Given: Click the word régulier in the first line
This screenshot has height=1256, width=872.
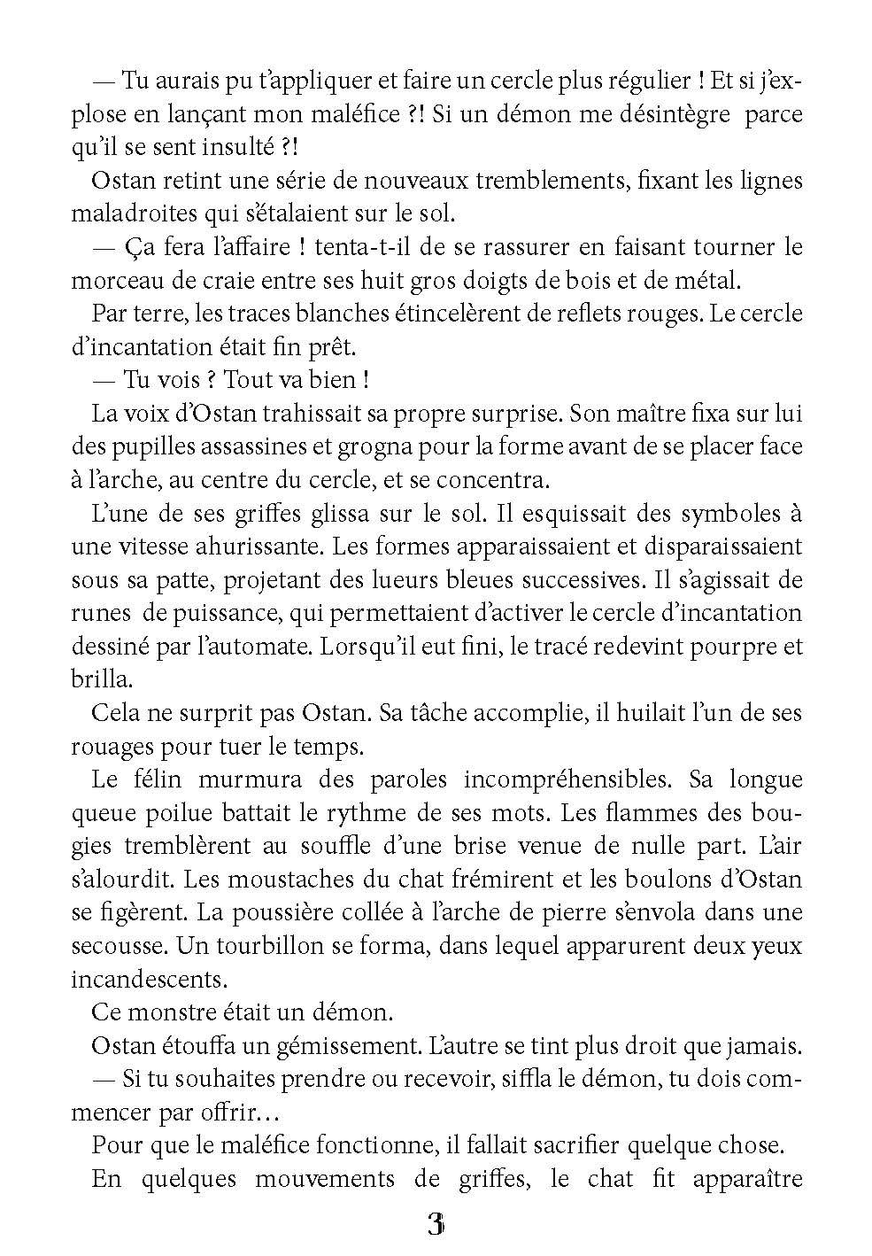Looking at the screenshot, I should (x=635, y=81).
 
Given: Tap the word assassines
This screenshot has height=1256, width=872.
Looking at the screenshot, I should (x=243, y=446).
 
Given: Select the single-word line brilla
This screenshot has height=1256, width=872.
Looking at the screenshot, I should (x=100, y=679).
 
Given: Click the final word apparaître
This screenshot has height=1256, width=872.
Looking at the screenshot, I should (x=747, y=1179).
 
